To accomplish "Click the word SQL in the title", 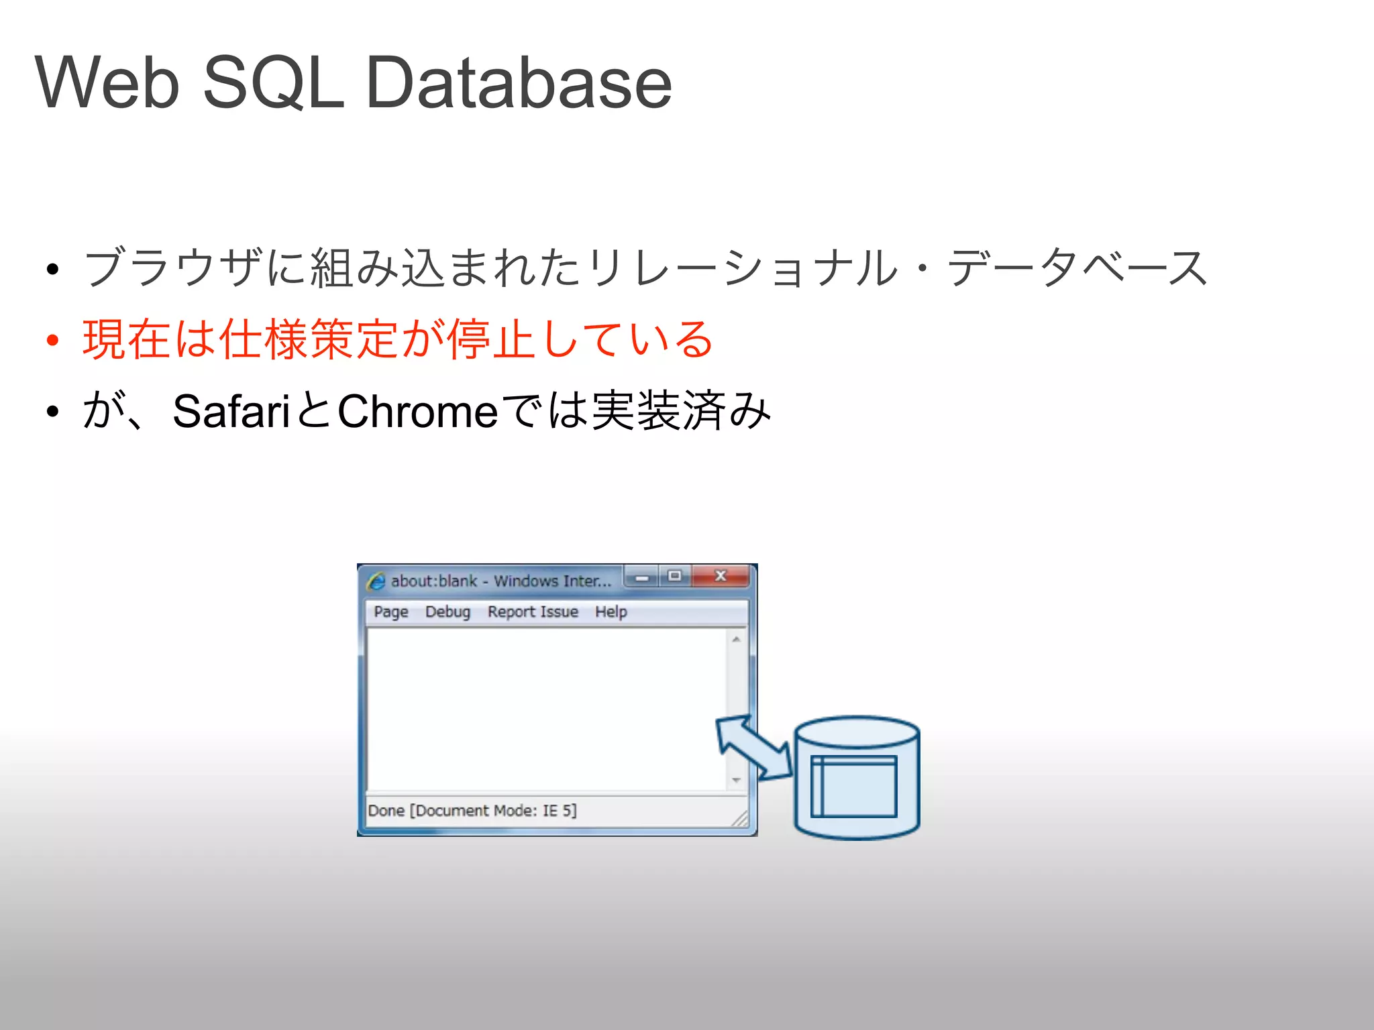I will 273,82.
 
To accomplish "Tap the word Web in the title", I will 107,82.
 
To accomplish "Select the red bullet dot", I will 52,340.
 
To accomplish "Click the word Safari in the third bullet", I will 231,411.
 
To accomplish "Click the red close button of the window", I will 721,576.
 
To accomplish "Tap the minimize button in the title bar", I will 642,576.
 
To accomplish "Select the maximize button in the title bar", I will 675,576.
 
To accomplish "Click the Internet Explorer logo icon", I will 376,581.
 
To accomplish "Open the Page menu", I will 391,612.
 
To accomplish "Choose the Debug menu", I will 447,612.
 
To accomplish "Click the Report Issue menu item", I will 533,612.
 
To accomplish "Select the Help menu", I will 611,612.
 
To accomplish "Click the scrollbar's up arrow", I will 736,640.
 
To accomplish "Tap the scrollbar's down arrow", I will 736,780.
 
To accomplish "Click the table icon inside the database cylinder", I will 853,786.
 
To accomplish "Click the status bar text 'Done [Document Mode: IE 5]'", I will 472,811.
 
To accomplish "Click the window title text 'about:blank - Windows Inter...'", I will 501,581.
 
